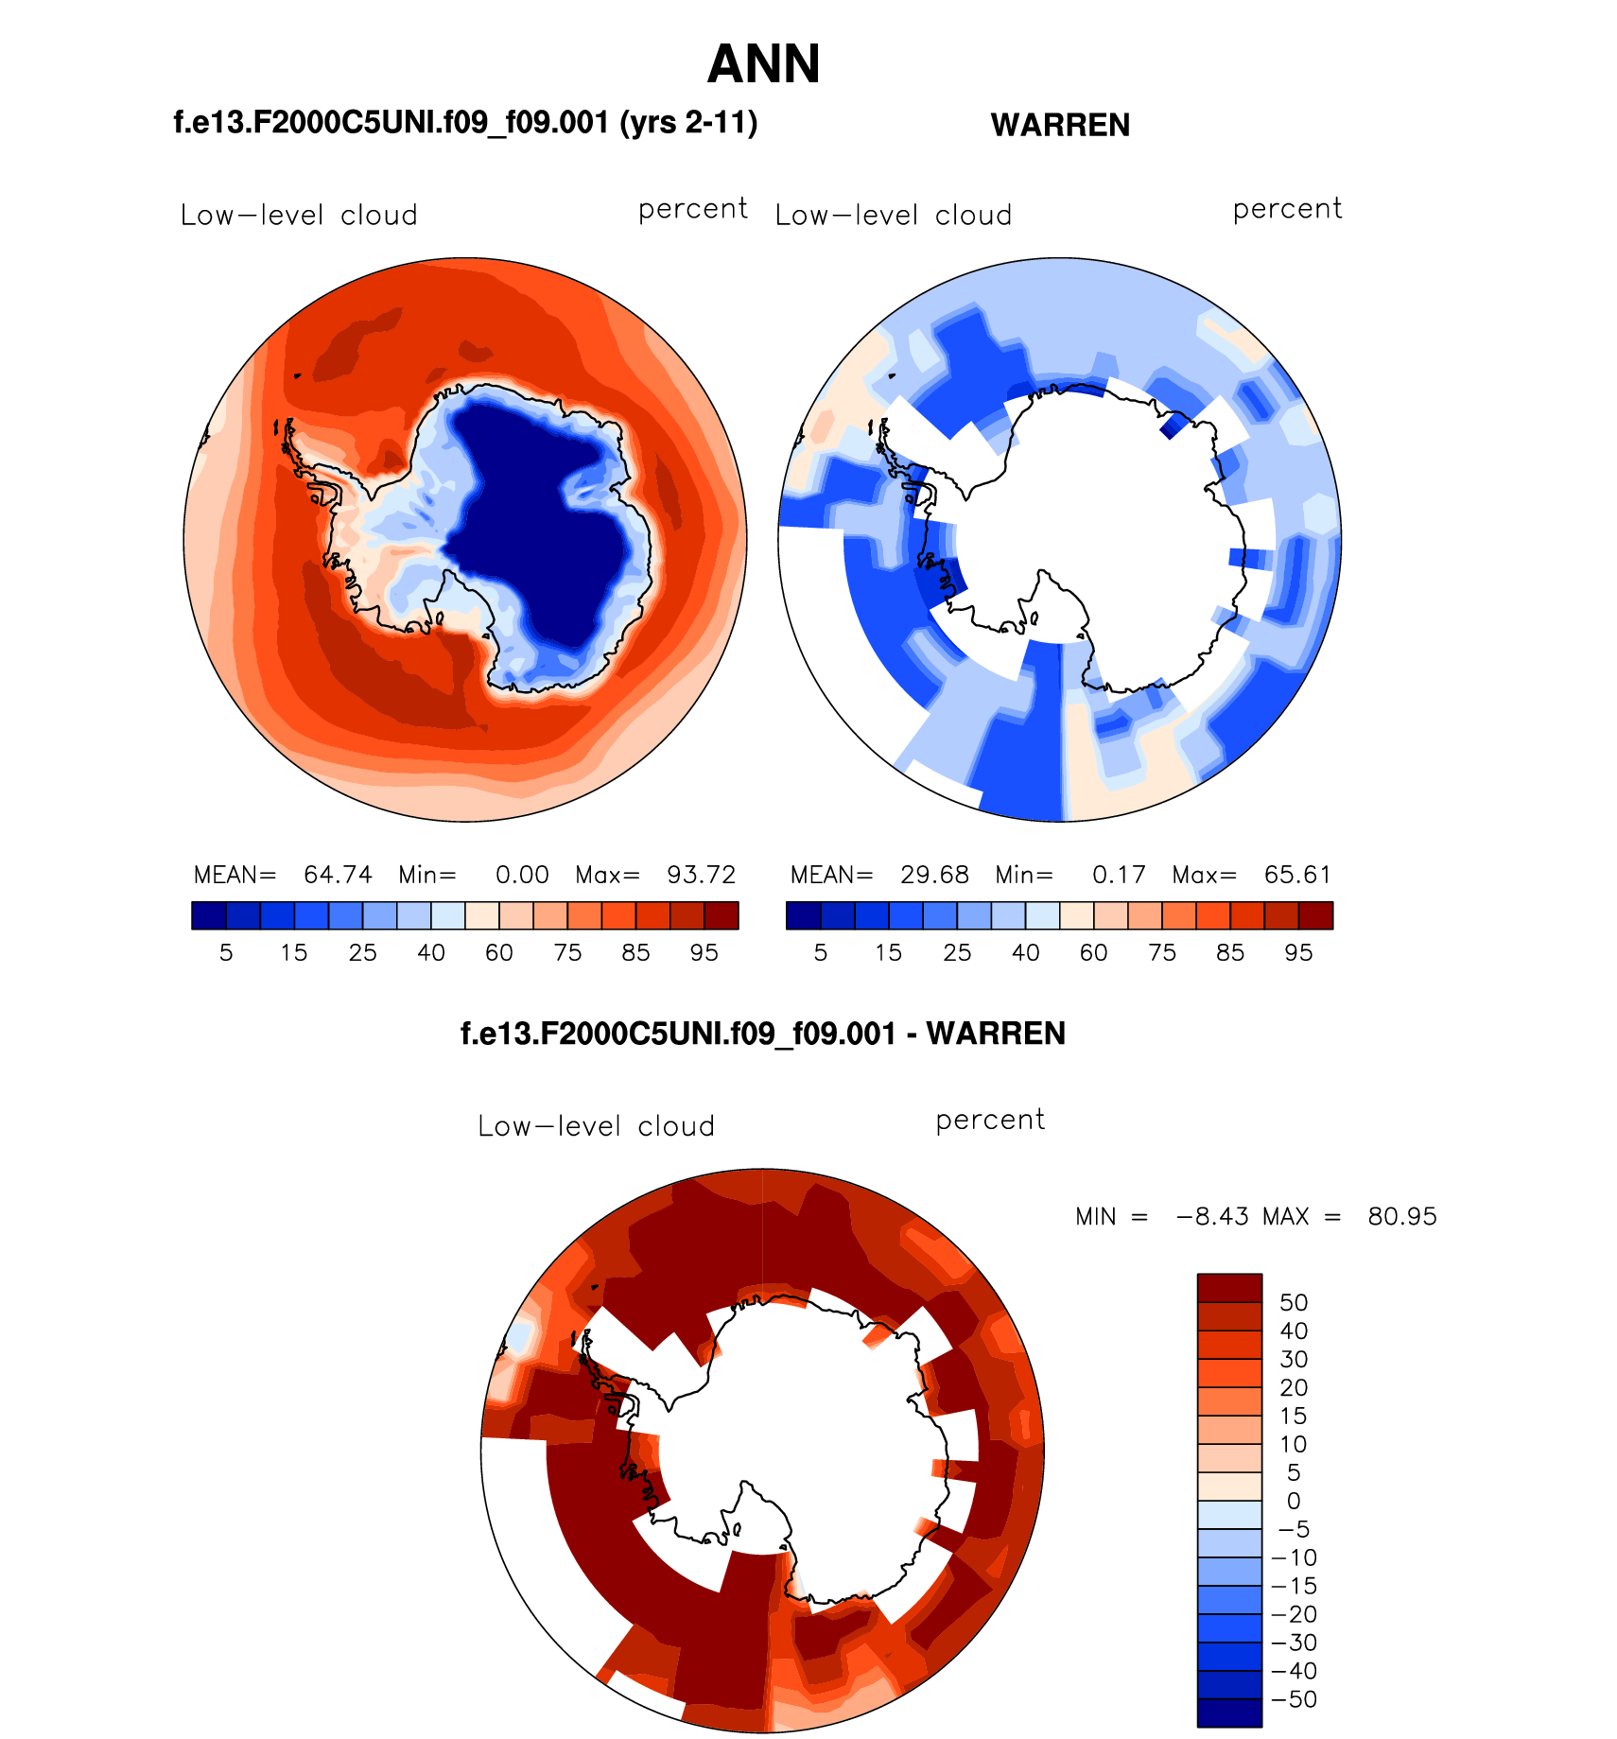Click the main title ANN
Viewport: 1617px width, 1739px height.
point(763,64)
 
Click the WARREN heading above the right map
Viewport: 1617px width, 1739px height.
point(1060,125)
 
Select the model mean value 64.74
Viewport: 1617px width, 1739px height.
point(338,875)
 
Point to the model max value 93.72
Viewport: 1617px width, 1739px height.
point(701,875)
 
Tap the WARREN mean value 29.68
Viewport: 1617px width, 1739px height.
point(934,875)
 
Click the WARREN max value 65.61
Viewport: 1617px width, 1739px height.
point(1297,875)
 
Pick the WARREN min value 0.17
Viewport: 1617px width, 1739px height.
point(1119,875)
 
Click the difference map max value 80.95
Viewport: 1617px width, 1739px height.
point(1402,1217)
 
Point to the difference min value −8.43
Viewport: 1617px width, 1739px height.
point(1212,1217)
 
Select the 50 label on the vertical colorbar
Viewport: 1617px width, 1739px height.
point(1294,1302)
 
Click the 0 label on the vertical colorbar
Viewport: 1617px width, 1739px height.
point(1294,1501)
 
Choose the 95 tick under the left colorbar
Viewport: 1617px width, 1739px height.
point(704,953)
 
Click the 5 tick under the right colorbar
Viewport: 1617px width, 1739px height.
point(821,953)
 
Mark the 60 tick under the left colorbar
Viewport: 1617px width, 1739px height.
point(499,953)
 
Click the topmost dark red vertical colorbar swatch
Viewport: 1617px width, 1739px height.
point(1229,1288)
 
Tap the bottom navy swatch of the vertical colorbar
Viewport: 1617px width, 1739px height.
point(1229,1713)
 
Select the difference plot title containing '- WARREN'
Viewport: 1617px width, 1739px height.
point(762,1034)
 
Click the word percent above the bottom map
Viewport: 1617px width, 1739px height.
point(990,1121)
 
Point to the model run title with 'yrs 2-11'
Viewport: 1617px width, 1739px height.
point(465,123)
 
